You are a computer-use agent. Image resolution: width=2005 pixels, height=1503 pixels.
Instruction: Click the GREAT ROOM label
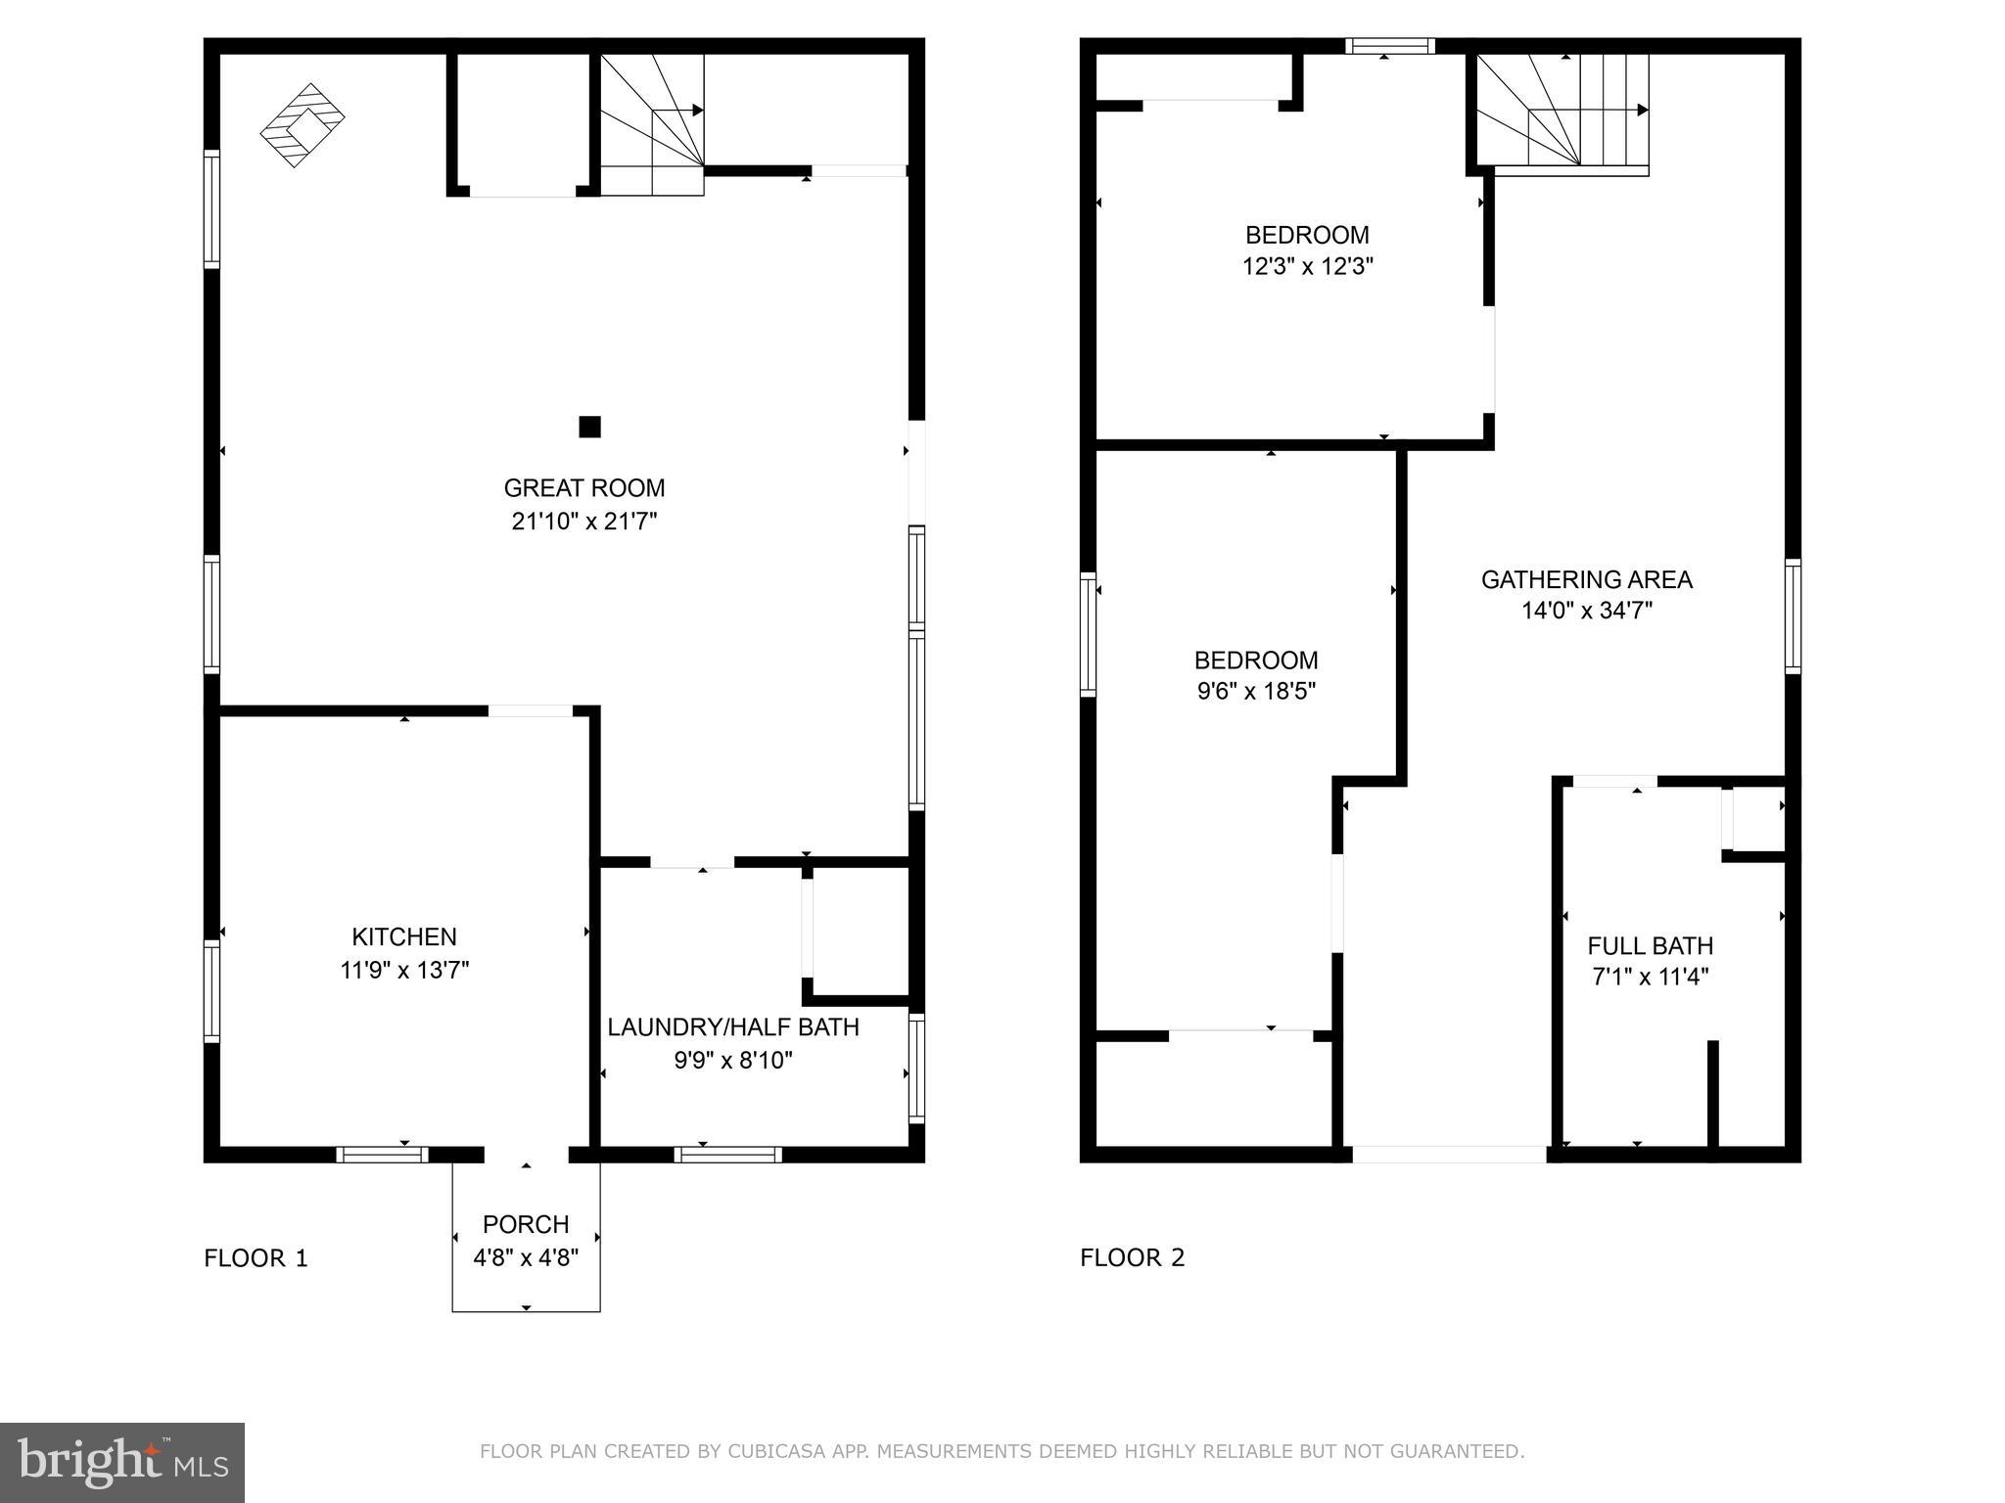pyautogui.click(x=583, y=487)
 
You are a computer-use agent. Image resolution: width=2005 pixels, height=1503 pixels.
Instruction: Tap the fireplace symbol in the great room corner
pyautogui.click(x=302, y=124)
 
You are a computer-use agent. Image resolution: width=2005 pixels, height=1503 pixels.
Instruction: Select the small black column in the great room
pyautogui.click(x=589, y=427)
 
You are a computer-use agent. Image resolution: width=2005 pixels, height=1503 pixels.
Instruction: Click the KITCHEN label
pyautogui.click(x=404, y=936)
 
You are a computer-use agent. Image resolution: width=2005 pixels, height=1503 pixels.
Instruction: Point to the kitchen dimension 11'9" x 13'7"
pyautogui.click(x=404, y=970)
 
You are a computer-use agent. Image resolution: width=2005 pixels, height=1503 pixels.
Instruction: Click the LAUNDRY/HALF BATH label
pyautogui.click(x=733, y=1026)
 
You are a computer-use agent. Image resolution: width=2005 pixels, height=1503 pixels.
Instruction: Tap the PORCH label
pyautogui.click(x=526, y=1224)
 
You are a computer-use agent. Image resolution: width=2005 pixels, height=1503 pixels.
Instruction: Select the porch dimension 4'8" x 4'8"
pyautogui.click(x=526, y=1256)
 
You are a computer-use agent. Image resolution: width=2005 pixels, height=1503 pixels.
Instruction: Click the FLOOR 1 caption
pyautogui.click(x=256, y=1257)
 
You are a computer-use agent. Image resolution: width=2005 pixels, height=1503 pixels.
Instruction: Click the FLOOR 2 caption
pyautogui.click(x=1132, y=1257)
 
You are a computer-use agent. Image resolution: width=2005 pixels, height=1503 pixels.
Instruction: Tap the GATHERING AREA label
pyautogui.click(x=1586, y=579)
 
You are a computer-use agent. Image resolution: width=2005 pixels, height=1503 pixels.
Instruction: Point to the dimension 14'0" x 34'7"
pyautogui.click(x=1586, y=611)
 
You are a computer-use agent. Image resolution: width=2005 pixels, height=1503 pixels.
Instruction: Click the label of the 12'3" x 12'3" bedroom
pyautogui.click(x=1307, y=235)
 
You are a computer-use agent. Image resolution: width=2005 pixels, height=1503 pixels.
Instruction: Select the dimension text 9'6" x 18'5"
pyautogui.click(x=1256, y=691)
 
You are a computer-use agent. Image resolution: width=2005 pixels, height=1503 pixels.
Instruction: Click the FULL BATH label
pyautogui.click(x=1650, y=945)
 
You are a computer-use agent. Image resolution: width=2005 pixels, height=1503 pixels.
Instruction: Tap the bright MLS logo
pyautogui.click(x=122, y=1462)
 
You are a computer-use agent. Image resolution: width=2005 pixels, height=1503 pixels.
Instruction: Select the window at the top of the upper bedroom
pyautogui.click(x=1389, y=46)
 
